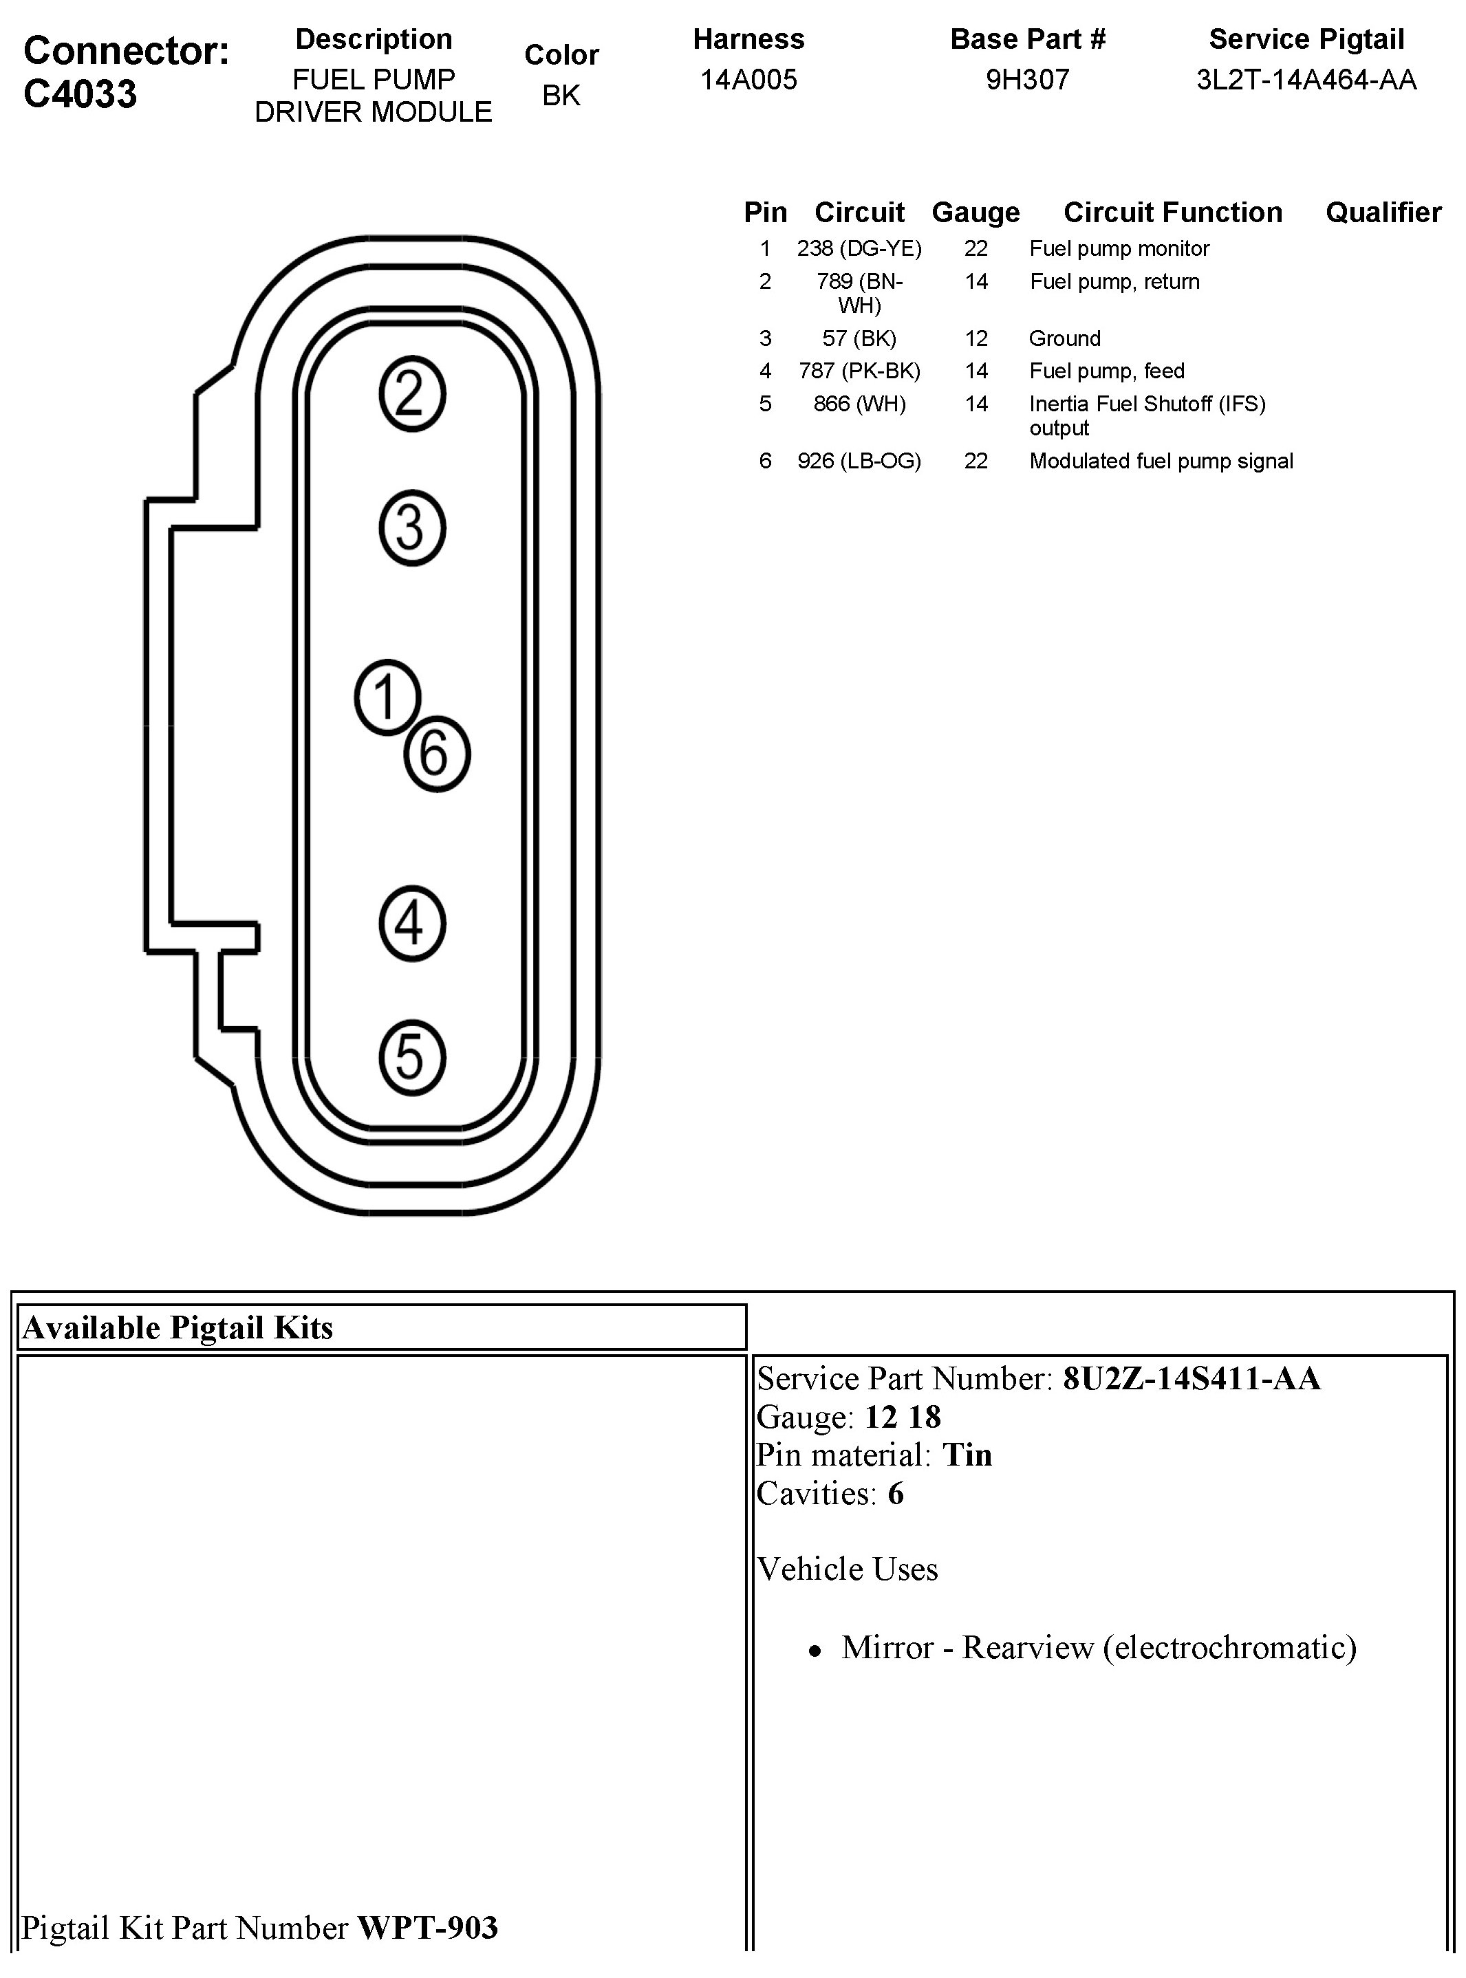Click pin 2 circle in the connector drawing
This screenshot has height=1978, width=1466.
412,394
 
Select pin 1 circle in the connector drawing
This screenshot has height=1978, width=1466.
387,697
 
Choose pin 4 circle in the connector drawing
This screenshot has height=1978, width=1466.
412,924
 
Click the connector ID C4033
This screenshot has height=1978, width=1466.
80,93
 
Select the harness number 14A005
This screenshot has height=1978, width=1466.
748,80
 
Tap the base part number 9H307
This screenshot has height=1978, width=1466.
1028,80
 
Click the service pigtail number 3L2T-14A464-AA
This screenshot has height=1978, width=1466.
1306,80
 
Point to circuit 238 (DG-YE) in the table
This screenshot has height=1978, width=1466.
859,248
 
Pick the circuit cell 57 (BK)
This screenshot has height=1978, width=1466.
859,338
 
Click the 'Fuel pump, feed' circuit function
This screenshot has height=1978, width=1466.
1107,371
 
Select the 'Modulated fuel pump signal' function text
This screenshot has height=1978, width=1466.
1161,461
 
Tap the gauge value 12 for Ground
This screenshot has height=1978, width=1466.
976,338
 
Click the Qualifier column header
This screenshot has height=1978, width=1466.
1383,213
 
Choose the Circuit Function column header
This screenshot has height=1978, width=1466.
1172,213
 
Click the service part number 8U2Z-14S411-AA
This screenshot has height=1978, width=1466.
1191,1378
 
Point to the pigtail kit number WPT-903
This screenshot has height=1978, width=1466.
428,1927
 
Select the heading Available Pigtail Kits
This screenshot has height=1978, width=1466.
177,1328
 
